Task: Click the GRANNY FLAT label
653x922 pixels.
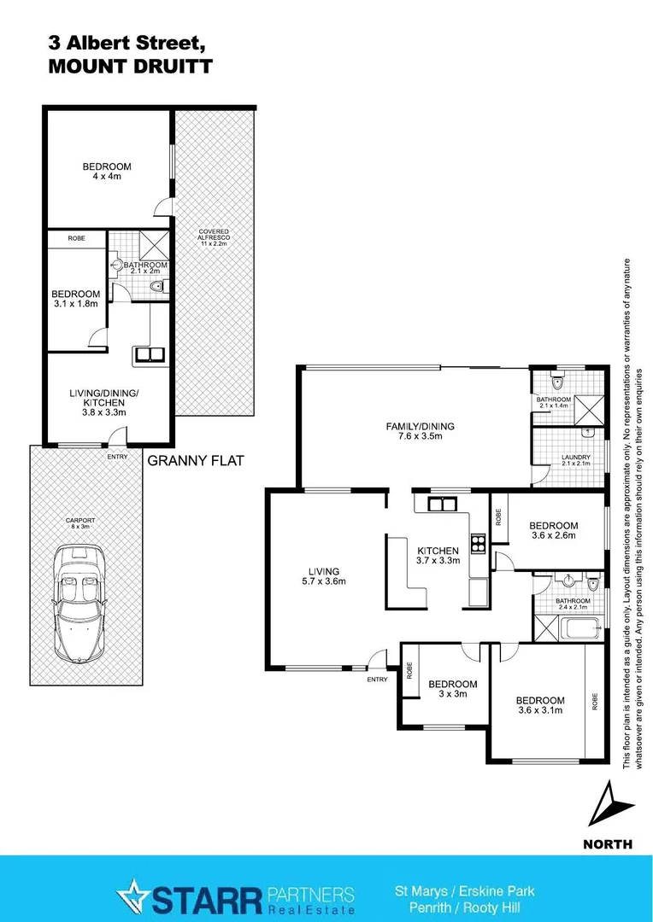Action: point(196,460)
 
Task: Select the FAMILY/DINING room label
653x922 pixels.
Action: point(419,426)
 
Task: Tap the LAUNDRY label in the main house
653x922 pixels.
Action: point(576,458)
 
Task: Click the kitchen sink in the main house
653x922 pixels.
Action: point(442,504)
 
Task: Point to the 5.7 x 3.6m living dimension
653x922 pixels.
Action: point(324,581)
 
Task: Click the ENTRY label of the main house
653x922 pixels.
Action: point(377,680)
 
